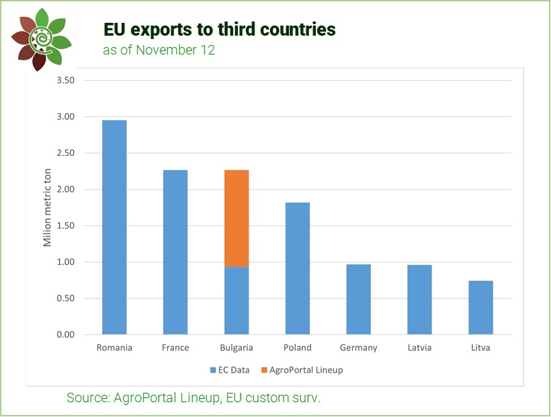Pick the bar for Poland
click(x=297, y=268)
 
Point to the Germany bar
click(x=358, y=299)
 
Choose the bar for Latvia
click(x=419, y=299)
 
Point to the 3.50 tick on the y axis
click(x=65, y=81)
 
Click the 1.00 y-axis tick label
click(x=65, y=262)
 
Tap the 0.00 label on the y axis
click(x=65, y=334)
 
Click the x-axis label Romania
click(x=114, y=348)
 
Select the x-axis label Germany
click(x=358, y=348)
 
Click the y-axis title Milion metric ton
click(x=48, y=208)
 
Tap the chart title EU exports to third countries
click(x=219, y=30)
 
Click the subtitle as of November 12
click(x=159, y=50)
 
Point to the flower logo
click(x=41, y=39)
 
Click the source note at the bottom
click(x=194, y=398)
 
